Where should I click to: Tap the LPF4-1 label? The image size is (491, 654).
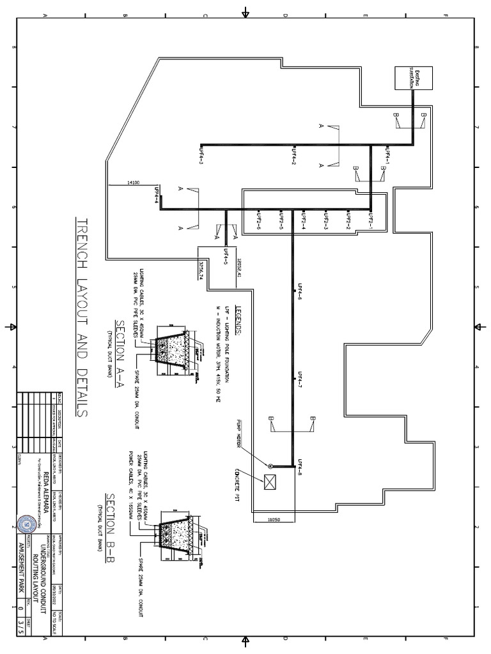[387, 155]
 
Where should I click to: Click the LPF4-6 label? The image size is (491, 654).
[298, 291]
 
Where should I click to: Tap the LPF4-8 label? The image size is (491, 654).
[298, 469]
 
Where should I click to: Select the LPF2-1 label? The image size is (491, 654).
[370, 221]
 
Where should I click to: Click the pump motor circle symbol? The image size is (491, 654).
[270, 466]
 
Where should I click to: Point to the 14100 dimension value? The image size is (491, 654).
[134, 183]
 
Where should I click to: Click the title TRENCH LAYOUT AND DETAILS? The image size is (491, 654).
[82, 316]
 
